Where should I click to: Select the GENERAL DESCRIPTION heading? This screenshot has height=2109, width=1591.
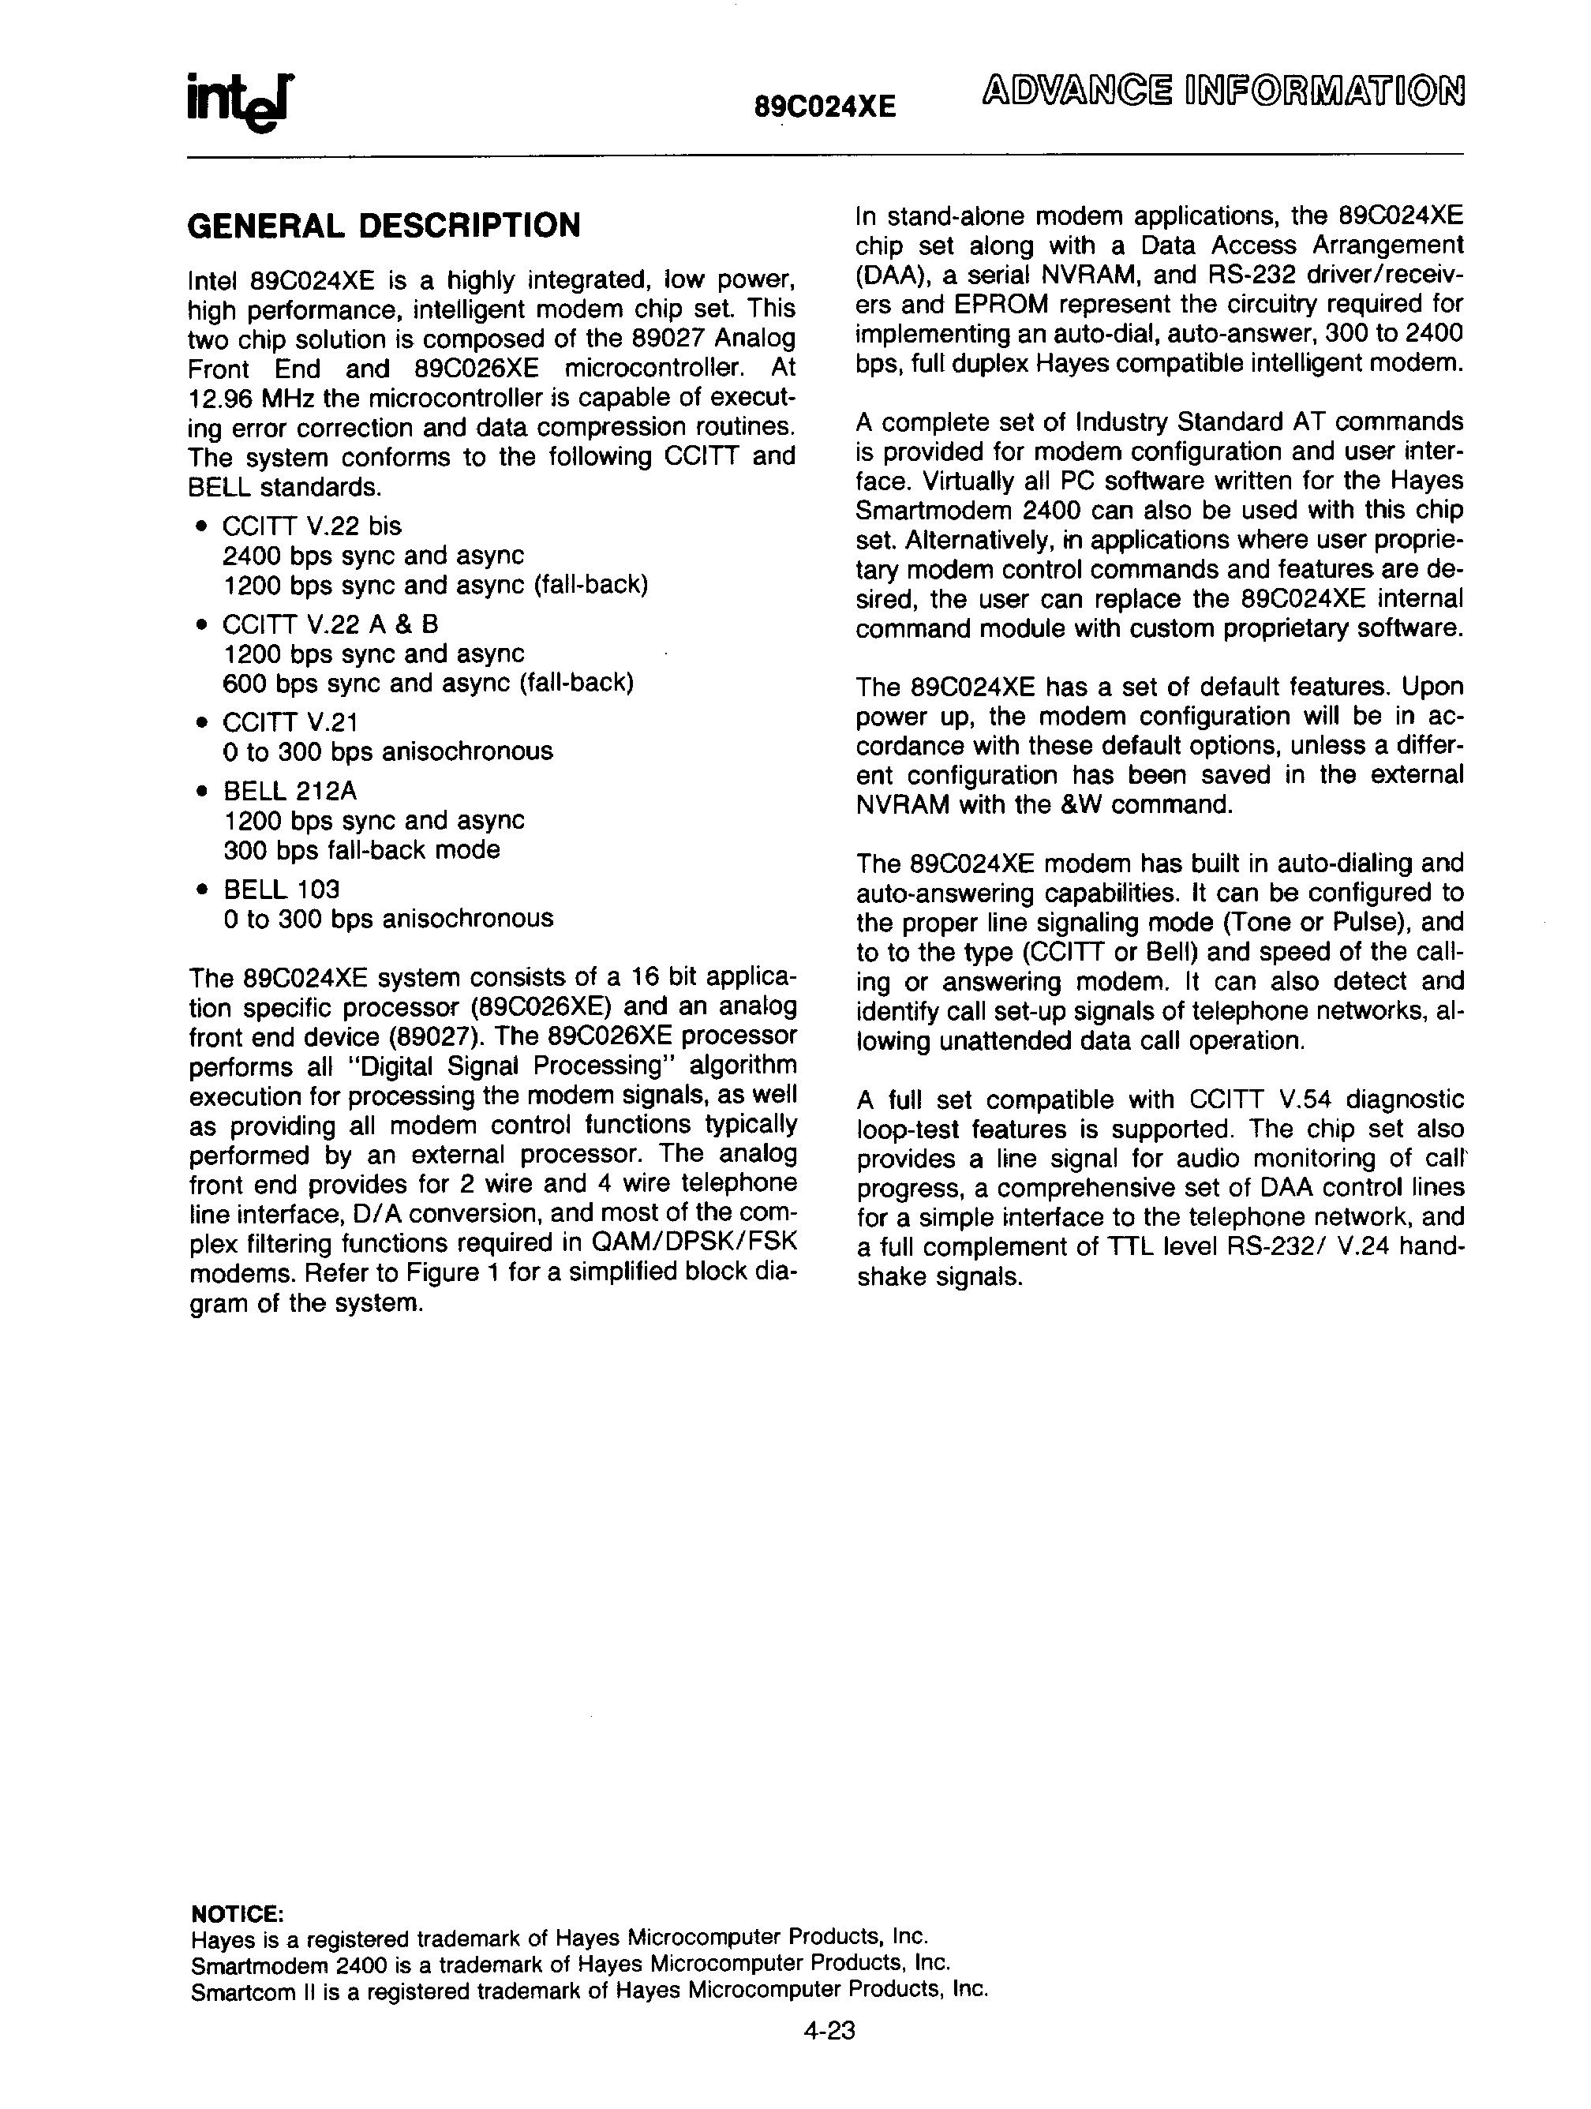384,226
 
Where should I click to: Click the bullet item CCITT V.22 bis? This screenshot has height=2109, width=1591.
312,526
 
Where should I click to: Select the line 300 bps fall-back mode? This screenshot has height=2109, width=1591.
361,849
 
